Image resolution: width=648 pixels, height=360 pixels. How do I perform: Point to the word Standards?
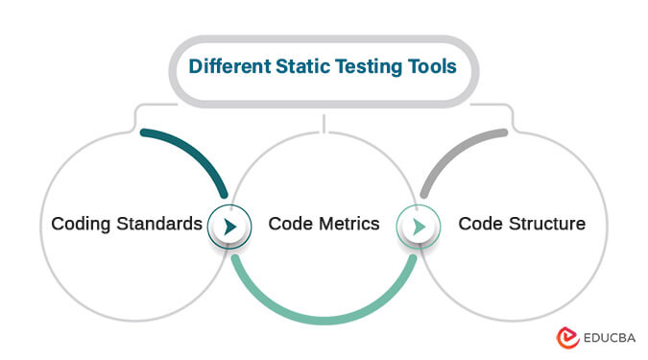point(159,225)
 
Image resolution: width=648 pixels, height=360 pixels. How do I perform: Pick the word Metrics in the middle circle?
point(346,225)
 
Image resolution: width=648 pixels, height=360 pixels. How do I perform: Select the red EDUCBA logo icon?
point(565,337)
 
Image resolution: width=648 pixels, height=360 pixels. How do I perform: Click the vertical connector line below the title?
point(324,122)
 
